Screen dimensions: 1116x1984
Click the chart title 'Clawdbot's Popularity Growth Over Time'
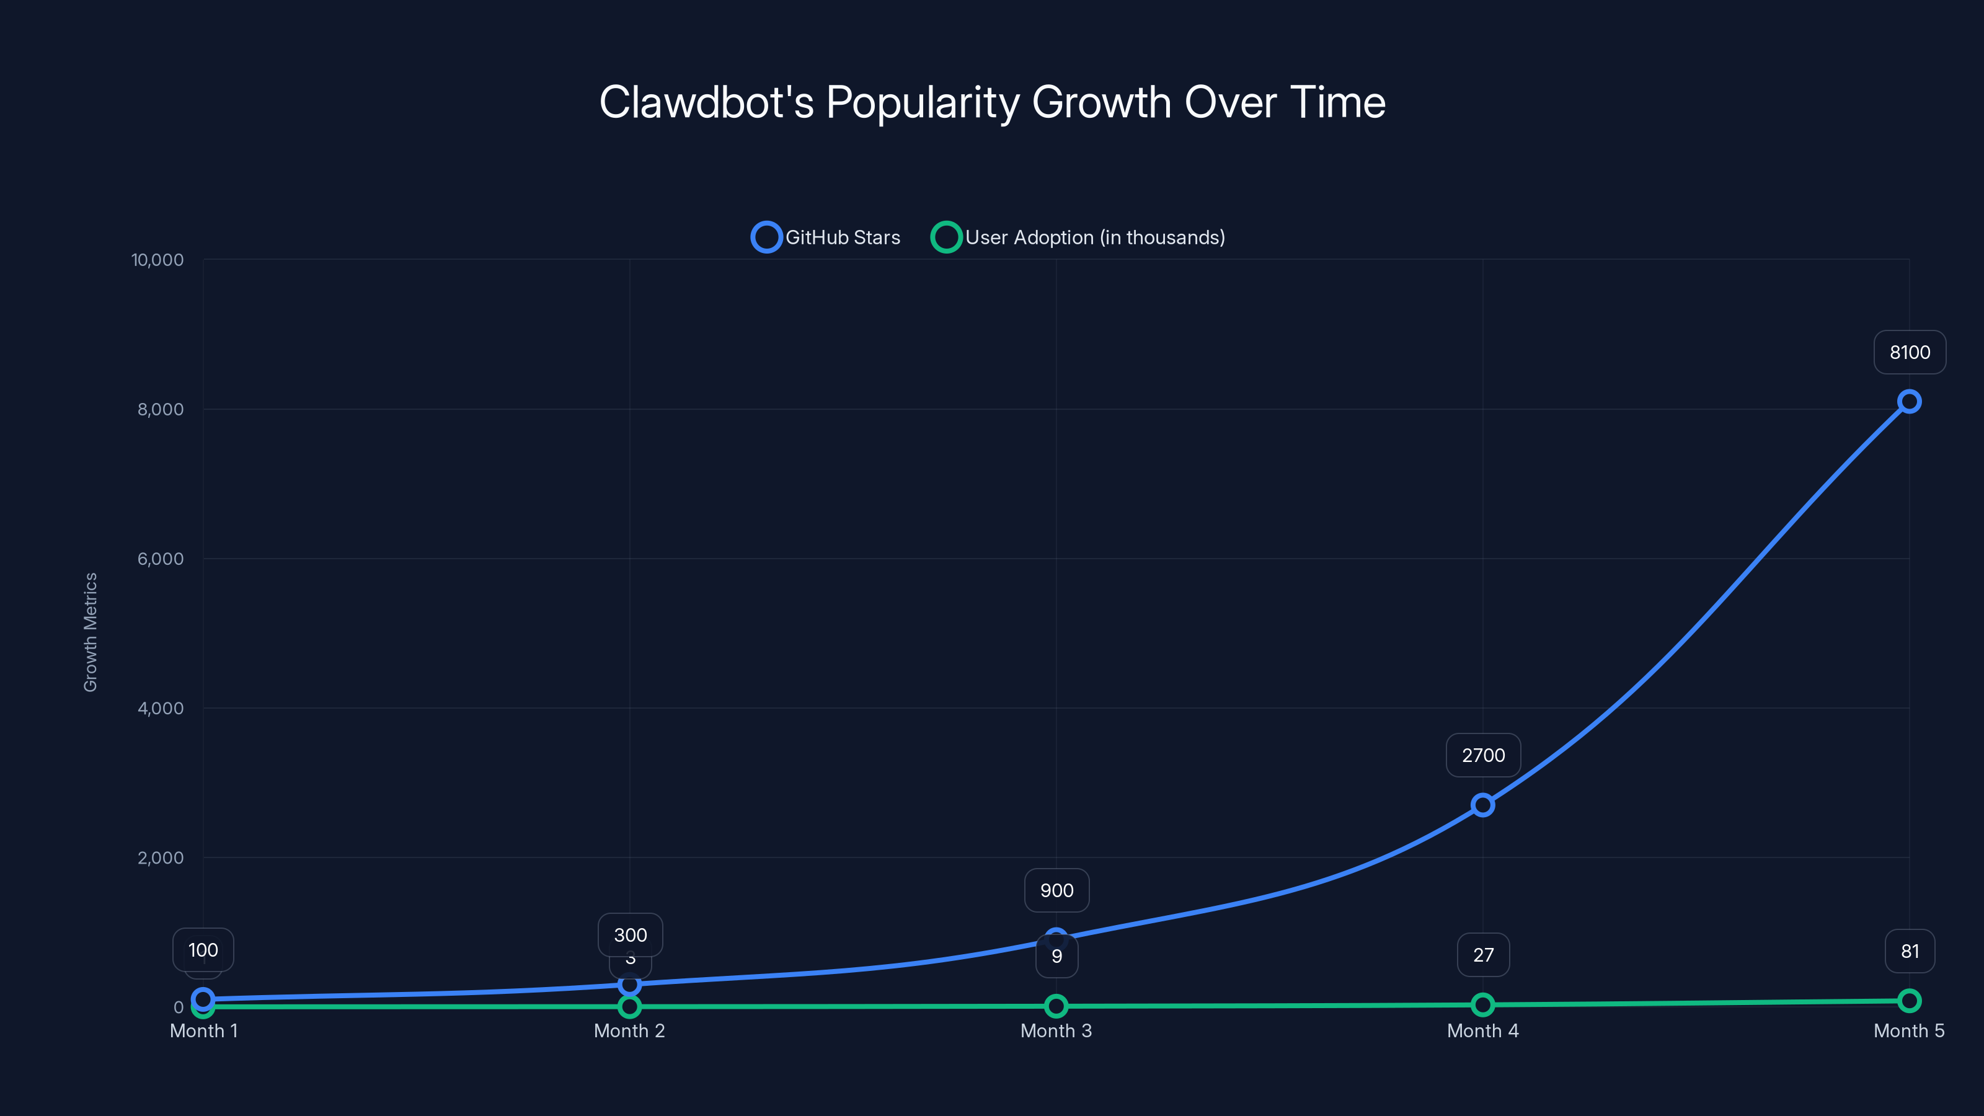[x=992, y=102]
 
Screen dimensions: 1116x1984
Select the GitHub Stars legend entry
[x=826, y=237]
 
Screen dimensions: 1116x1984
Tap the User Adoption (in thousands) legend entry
[x=1078, y=237]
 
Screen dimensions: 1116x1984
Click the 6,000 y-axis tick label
[x=160, y=559]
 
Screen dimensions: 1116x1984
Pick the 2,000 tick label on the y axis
[x=160, y=857]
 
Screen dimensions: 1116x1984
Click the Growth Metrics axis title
[x=90, y=632]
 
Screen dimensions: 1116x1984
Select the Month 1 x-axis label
[x=203, y=1030]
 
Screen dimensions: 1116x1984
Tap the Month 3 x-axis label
[x=1056, y=1030]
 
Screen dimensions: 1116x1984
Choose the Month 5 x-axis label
[x=1908, y=1030]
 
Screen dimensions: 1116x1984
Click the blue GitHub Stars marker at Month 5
[x=1908, y=401]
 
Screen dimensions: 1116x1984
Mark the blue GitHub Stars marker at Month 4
[x=1482, y=805]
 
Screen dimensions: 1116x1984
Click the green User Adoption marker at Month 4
[x=1482, y=1004]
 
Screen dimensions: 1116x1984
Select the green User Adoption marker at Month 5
[x=1908, y=1001]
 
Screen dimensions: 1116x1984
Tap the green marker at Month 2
[x=629, y=1006]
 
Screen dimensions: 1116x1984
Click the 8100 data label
[x=1910, y=352]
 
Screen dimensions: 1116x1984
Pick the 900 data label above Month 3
[x=1056, y=890]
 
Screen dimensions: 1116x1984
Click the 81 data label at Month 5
[x=1910, y=951]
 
